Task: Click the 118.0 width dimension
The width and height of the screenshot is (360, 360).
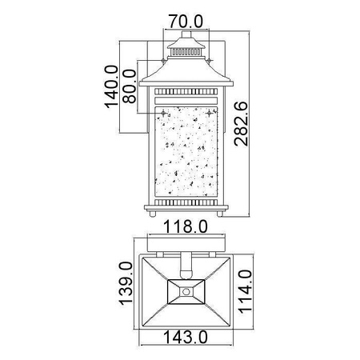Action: (x=186, y=227)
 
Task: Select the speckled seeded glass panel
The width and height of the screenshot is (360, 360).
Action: (x=186, y=148)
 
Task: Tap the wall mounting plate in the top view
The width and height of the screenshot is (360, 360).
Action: (x=186, y=244)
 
